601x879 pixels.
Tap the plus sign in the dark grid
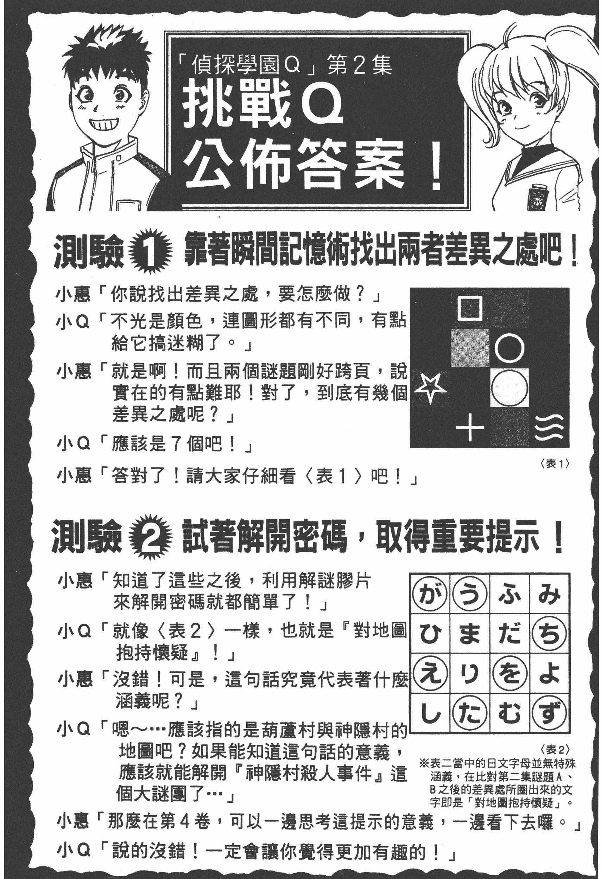tap(469, 428)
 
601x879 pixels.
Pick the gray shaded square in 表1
tap(470, 348)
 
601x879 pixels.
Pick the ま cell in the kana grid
tap(470, 633)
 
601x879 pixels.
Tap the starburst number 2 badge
tap(150, 536)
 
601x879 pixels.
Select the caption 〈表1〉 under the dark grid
tap(555, 463)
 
